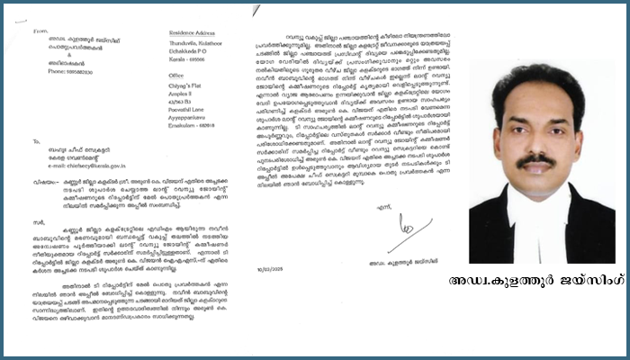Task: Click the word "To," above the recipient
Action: point(35,141)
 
